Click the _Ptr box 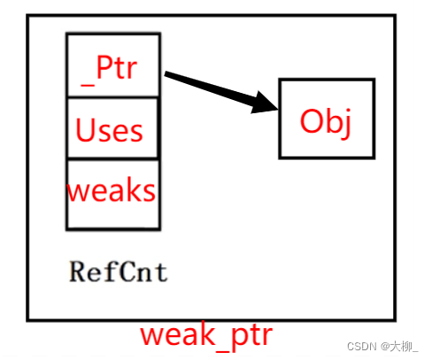pos(113,65)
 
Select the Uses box pos(113,129)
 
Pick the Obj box pos(326,119)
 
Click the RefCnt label pos(118,271)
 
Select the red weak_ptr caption pos(206,334)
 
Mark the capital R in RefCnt pos(76,271)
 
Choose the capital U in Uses pos(85,131)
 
